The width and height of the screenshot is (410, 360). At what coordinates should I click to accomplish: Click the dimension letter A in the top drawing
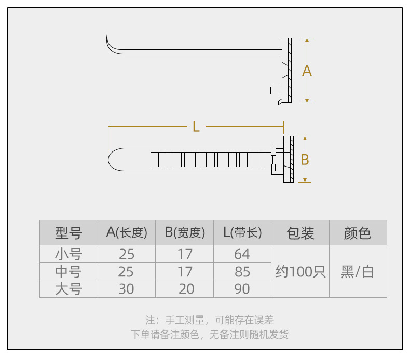coord(307,71)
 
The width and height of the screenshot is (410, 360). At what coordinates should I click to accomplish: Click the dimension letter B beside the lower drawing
coord(305,160)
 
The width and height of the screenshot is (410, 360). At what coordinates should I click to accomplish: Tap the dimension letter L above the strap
coord(196,127)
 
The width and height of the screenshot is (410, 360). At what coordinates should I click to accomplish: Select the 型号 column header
coord(69,233)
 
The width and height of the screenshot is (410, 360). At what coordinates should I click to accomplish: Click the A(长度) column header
coord(127,233)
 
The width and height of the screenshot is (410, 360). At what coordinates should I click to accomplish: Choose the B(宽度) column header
coord(185,233)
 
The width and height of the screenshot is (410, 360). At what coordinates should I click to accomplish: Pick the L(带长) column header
coord(242,233)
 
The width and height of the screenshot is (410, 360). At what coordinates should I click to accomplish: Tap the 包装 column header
coord(300,233)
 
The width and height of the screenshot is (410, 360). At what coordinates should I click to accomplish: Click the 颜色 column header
coord(358,233)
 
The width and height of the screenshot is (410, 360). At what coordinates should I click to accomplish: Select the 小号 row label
coord(69,254)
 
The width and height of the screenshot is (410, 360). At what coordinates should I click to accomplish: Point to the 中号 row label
coord(69,271)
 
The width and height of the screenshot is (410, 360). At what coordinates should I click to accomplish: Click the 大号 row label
coord(69,289)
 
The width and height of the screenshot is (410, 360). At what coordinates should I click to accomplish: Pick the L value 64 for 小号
coord(242,254)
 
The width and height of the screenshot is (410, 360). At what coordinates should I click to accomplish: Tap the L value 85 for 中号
coord(242,271)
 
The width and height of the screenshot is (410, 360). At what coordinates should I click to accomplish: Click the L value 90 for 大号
coord(242,289)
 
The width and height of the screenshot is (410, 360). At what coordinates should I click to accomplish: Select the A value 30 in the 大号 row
coord(127,289)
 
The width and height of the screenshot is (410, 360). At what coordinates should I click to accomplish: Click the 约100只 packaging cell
coord(300,271)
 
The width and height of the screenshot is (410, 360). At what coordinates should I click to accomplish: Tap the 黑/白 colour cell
coord(358,271)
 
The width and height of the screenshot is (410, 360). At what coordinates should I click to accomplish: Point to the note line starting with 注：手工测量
coord(209,320)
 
